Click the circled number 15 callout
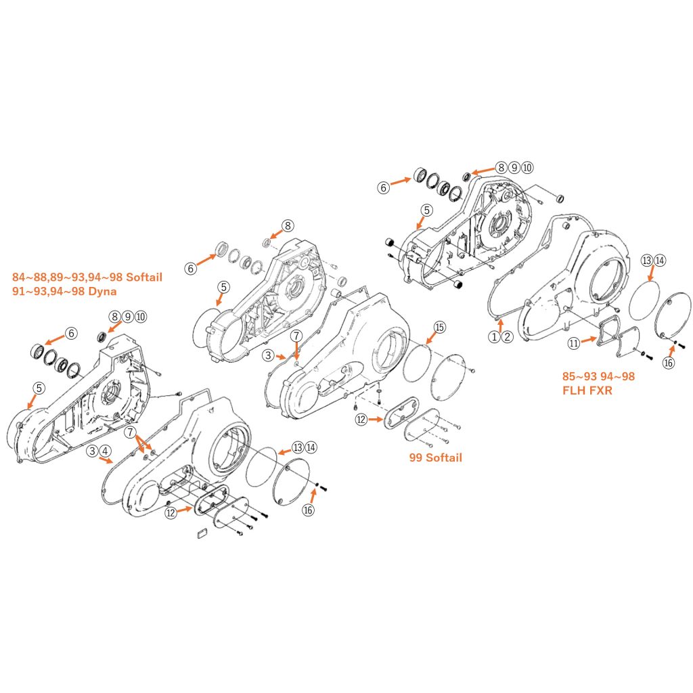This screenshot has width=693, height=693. (x=440, y=328)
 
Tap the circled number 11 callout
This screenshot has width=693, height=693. (x=574, y=343)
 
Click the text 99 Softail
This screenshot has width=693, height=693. (x=436, y=457)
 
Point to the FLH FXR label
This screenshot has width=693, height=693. (x=587, y=390)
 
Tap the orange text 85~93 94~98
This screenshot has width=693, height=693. (x=598, y=376)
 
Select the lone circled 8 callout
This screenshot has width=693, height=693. (x=288, y=225)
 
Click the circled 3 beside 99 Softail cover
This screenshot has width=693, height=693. (x=268, y=355)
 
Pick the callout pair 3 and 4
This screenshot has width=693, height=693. (x=99, y=451)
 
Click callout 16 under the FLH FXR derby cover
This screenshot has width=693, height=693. (x=668, y=363)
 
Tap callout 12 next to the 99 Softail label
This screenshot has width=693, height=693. (x=361, y=420)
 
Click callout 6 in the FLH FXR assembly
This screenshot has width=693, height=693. (x=384, y=187)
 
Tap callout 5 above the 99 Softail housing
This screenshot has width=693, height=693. (x=223, y=287)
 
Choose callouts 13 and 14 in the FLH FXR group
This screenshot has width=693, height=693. (x=654, y=261)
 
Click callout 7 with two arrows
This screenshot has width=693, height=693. (x=129, y=431)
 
